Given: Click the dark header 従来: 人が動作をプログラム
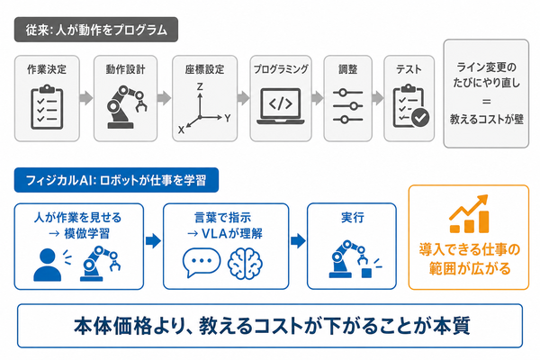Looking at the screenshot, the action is tap(96, 30).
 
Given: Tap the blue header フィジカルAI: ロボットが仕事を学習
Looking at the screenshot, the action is tap(116, 180).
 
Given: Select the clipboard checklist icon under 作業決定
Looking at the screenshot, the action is tap(47, 107).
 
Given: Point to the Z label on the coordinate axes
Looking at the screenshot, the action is tap(200, 86).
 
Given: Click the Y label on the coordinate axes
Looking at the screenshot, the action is tap(228, 119).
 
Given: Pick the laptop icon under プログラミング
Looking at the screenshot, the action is tap(281, 106).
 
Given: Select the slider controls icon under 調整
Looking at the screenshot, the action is tap(347, 106).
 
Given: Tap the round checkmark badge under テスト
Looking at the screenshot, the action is tap(420, 118).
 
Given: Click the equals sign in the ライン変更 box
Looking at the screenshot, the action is tap(486, 102).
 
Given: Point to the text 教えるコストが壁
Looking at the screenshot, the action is tap(486, 119).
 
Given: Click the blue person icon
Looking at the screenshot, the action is tap(48, 265).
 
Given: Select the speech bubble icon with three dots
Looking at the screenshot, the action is tap(202, 262).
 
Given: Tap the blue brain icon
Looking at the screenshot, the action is tap(245, 264).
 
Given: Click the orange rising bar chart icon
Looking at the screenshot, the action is tap(469, 214).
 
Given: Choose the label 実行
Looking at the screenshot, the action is tap(352, 218).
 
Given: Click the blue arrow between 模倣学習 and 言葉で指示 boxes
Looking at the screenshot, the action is tap(153, 241).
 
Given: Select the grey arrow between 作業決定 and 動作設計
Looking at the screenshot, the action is tap(86, 98).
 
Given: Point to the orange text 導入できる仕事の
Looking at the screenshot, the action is tap(469, 249).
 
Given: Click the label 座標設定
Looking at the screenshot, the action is tap(204, 69).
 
